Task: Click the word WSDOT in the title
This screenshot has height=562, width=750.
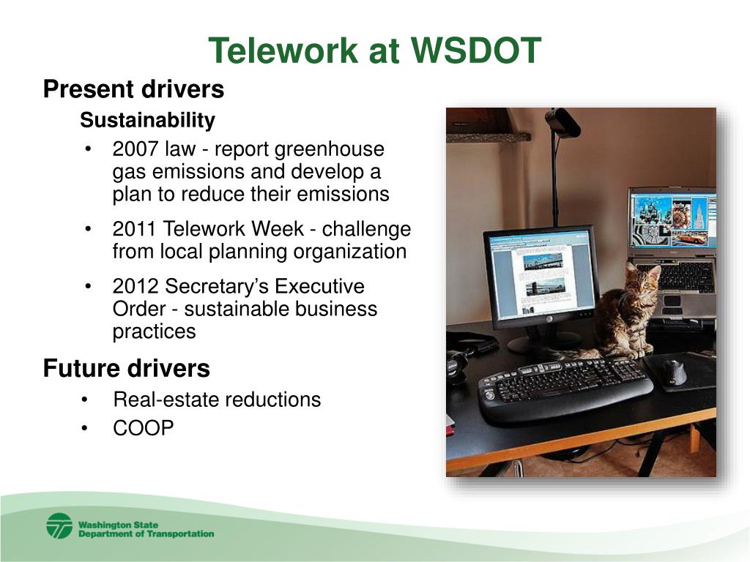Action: coord(475,50)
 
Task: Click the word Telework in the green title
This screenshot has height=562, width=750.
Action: coord(283,50)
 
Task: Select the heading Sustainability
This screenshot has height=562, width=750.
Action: coord(147,120)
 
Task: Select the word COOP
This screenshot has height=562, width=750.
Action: coord(143,428)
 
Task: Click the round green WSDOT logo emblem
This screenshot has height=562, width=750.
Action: coord(60,526)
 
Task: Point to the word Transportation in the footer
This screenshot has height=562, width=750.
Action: coord(180,533)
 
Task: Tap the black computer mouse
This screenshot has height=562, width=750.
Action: coord(673,372)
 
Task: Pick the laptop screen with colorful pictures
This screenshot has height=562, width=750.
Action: coord(673,220)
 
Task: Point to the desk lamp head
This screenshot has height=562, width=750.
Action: coord(563,122)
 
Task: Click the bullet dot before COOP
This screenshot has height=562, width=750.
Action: coord(85,429)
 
